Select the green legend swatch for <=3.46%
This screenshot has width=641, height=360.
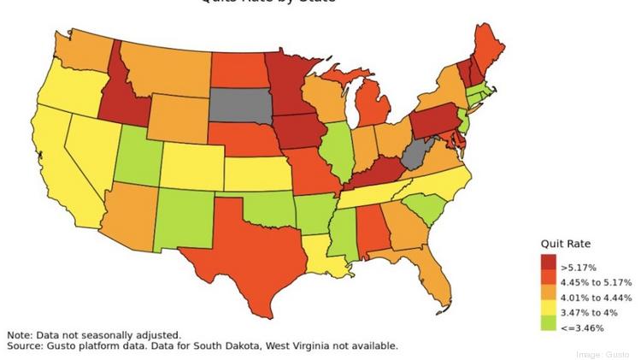pyautogui.click(x=548, y=326)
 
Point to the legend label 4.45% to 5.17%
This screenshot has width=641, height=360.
pyautogui.click(x=596, y=282)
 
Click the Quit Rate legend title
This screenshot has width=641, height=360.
pyautogui.click(x=565, y=244)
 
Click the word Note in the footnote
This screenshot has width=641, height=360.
pyautogui.click(x=21, y=335)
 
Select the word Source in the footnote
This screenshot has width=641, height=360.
pyautogui.click(x=26, y=346)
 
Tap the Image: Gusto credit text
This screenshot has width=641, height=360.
pyautogui.click(x=602, y=354)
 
